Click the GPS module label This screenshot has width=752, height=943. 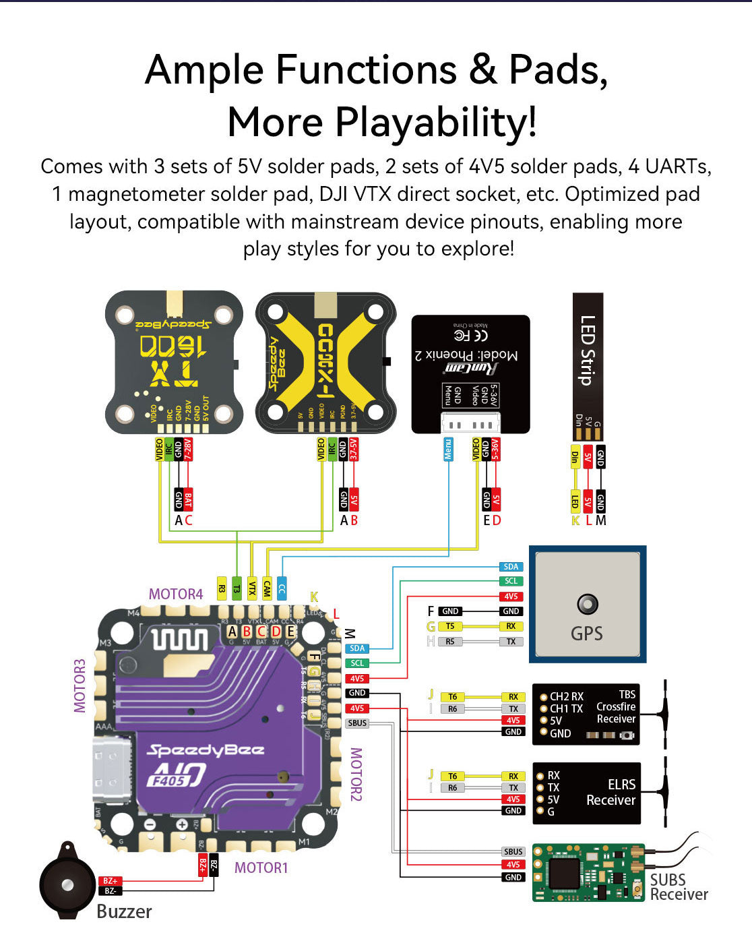point(587,633)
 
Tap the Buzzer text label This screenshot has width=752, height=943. point(124,911)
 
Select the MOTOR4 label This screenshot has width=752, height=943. point(175,594)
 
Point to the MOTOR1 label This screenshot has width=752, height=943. point(261,868)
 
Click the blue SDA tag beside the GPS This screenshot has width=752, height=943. point(511,567)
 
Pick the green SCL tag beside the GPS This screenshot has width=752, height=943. point(511,581)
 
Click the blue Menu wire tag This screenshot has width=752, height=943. point(448,450)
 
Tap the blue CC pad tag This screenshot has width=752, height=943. point(282,588)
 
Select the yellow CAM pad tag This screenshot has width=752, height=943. point(267,588)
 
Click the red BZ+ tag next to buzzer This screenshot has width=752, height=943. point(110,881)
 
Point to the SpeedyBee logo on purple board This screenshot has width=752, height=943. point(206,750)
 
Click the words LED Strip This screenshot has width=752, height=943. point(588,350)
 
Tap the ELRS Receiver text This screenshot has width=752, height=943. point(610,793)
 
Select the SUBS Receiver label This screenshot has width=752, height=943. point(678,887)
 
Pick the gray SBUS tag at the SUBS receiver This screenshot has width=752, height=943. point(513,852)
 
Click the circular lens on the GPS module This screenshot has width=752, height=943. point(588,604)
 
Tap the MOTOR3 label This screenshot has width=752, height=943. point(80,686)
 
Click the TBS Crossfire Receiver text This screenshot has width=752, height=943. point(616,706)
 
